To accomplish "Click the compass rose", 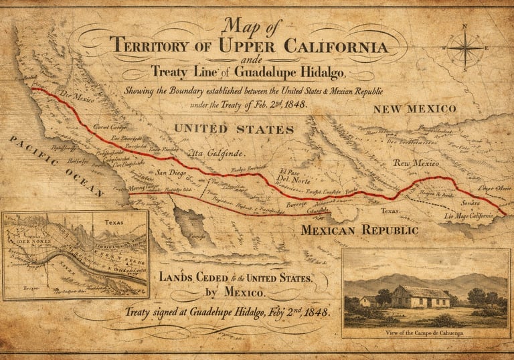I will coord(464,48).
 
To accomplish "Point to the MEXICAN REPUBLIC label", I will coord(359,230).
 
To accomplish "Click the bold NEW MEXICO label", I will coord(414,108).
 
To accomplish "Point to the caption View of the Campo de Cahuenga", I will coord(425,332).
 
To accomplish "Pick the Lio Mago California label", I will coord(468,215).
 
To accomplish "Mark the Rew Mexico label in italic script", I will coord(415,163).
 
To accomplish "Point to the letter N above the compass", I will coord(464,27).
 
